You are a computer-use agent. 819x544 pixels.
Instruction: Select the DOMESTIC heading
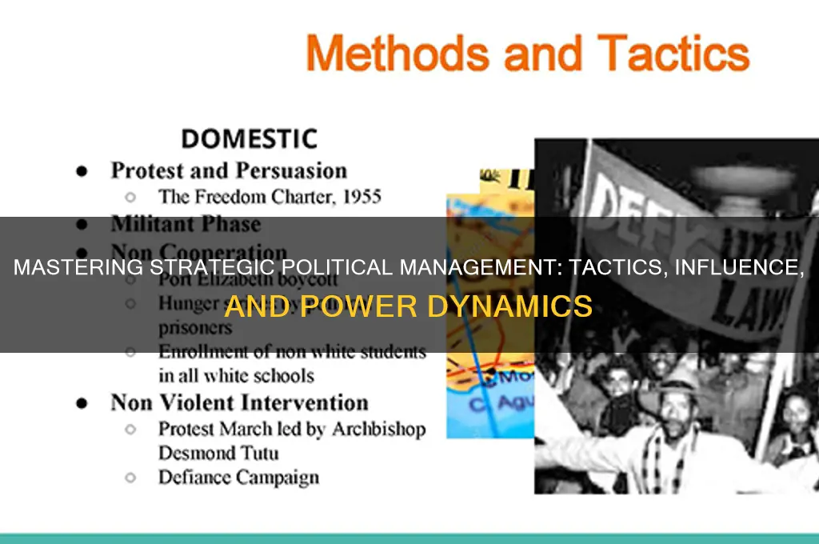248,138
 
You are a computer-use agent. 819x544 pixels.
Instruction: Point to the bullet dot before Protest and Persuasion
81,172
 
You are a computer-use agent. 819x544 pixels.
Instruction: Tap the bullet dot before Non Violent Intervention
81,402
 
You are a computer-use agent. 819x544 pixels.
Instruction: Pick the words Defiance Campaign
238,478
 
